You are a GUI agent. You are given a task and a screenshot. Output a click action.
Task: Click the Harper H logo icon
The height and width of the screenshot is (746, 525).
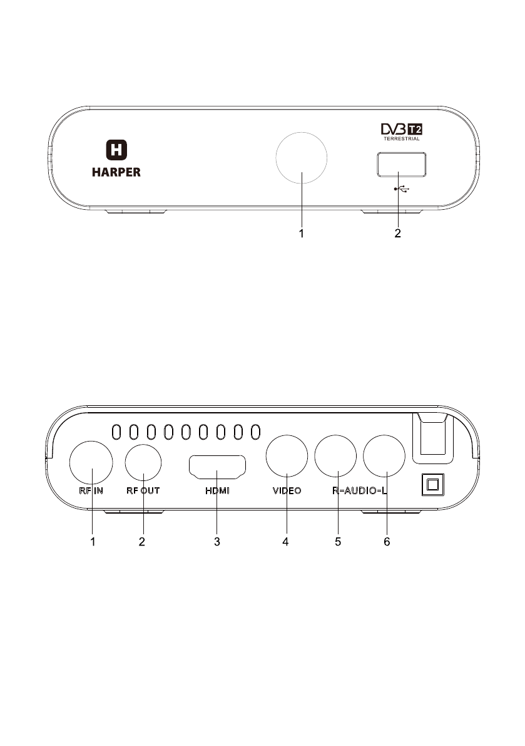pos(116,150)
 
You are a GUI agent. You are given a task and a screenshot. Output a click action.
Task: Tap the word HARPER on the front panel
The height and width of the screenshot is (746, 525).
pos(116,172)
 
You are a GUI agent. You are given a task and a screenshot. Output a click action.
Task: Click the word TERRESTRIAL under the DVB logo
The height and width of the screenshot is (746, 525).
pos(402,139)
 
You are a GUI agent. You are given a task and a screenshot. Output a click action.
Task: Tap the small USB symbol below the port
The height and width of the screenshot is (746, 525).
pos(402,189)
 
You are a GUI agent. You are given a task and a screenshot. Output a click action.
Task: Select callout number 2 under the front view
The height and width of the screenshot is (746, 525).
pos(398,233)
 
